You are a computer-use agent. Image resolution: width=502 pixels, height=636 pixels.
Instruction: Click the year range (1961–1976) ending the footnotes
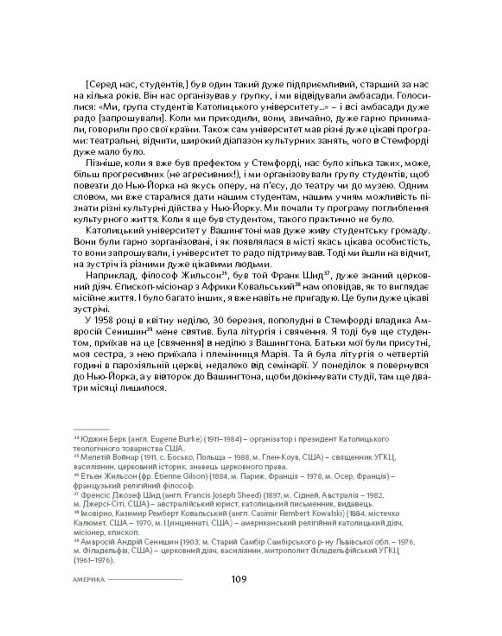click(x=93, y=560)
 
